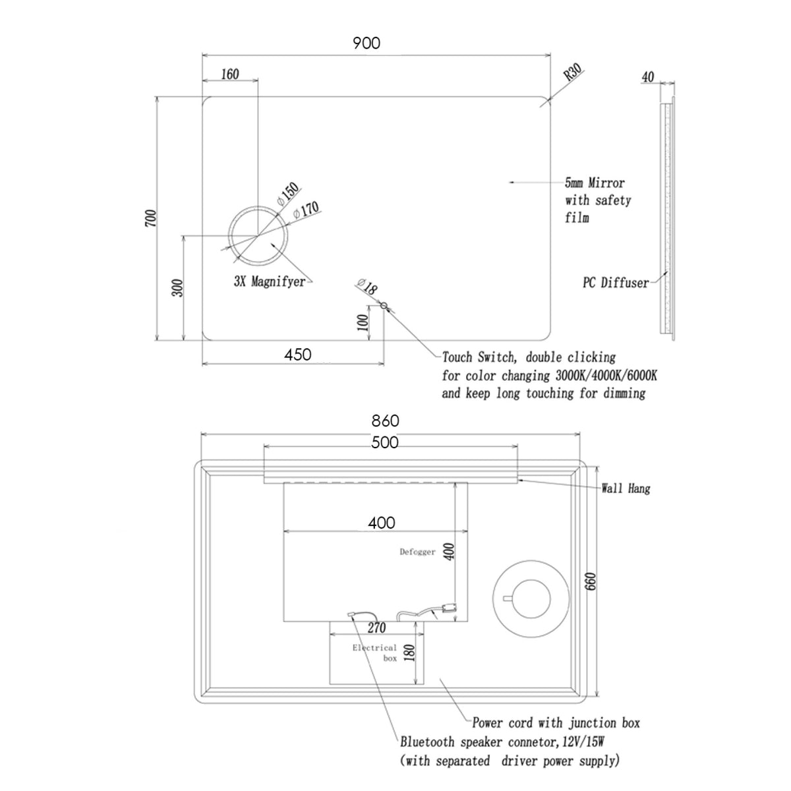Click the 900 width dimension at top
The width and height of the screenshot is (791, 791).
tap(366, 43)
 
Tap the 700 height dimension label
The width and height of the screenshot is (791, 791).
tap(151, 218)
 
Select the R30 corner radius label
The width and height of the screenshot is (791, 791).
tap(573, 72)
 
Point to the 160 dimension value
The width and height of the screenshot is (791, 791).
tap(230, 74)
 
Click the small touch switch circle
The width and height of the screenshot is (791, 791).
tap(384, 305)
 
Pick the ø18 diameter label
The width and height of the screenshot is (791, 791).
tap(367, 287)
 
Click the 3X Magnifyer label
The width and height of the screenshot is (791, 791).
tap(270, 281)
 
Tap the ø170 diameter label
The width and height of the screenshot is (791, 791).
tap(307, 210)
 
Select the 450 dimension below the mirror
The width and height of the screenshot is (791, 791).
tap(297, 354)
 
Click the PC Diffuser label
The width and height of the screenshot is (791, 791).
tap(616, 282)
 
